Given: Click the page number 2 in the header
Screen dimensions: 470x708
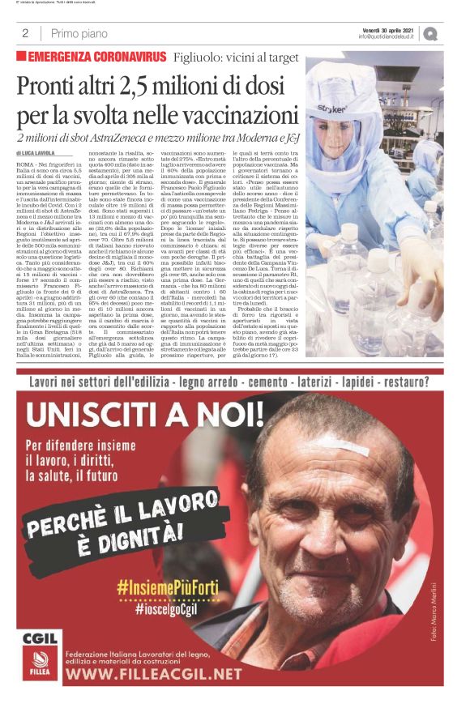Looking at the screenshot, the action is tap(25, 33).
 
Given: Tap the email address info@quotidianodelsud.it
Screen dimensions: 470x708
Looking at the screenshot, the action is tap(387, 36).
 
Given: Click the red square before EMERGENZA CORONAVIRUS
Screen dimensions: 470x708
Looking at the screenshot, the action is tap(21, 57).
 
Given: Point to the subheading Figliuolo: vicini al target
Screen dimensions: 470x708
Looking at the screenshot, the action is tap(234, 57).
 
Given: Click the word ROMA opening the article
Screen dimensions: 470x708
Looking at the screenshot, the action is tap(28, 164).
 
